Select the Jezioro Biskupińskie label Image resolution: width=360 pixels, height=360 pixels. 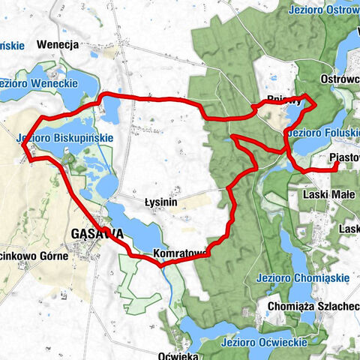(64, 138)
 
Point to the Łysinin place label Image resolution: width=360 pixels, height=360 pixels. (160, 202)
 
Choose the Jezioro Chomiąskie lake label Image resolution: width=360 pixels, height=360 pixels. (302, 277)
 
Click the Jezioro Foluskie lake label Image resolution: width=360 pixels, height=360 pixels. (321, 133)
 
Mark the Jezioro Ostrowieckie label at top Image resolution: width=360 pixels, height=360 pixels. (322, 11)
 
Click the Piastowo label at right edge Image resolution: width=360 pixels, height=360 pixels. (343, 157)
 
